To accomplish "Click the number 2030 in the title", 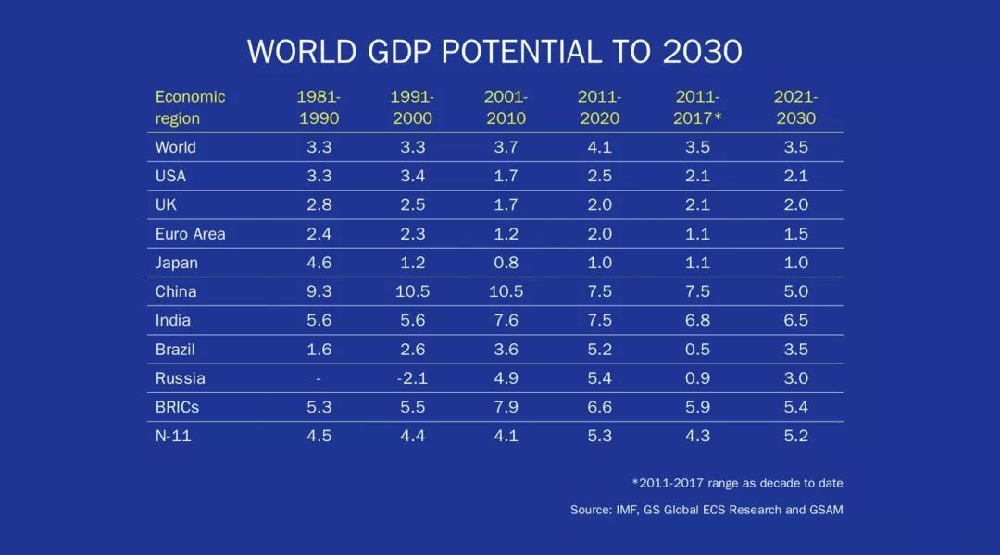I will click(702, 52).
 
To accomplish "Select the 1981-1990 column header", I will click(319, 107).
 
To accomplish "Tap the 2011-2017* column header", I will click(697, 107).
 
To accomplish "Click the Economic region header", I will click(190, 107).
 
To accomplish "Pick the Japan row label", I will click(176, 263).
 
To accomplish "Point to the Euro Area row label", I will click(190, 234).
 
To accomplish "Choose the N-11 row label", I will click(174, 436).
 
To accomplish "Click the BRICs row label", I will click(177, 407).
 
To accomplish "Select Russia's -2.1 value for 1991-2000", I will click(411, 378).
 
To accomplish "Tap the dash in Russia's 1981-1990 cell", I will click(319, 378).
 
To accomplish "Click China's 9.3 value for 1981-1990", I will click(319, 291).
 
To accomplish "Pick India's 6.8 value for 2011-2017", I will click(697, 320).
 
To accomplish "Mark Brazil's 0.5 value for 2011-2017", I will click(697, 350).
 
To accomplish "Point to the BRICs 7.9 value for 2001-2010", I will click(506, 407).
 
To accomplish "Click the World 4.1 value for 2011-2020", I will click(599, 147).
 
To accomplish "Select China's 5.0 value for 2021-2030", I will click(795, 291).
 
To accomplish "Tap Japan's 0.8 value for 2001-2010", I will click(506, 263).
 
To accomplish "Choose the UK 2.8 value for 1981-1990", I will click(319, 205).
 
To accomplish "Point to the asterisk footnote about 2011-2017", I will click(737, 483).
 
